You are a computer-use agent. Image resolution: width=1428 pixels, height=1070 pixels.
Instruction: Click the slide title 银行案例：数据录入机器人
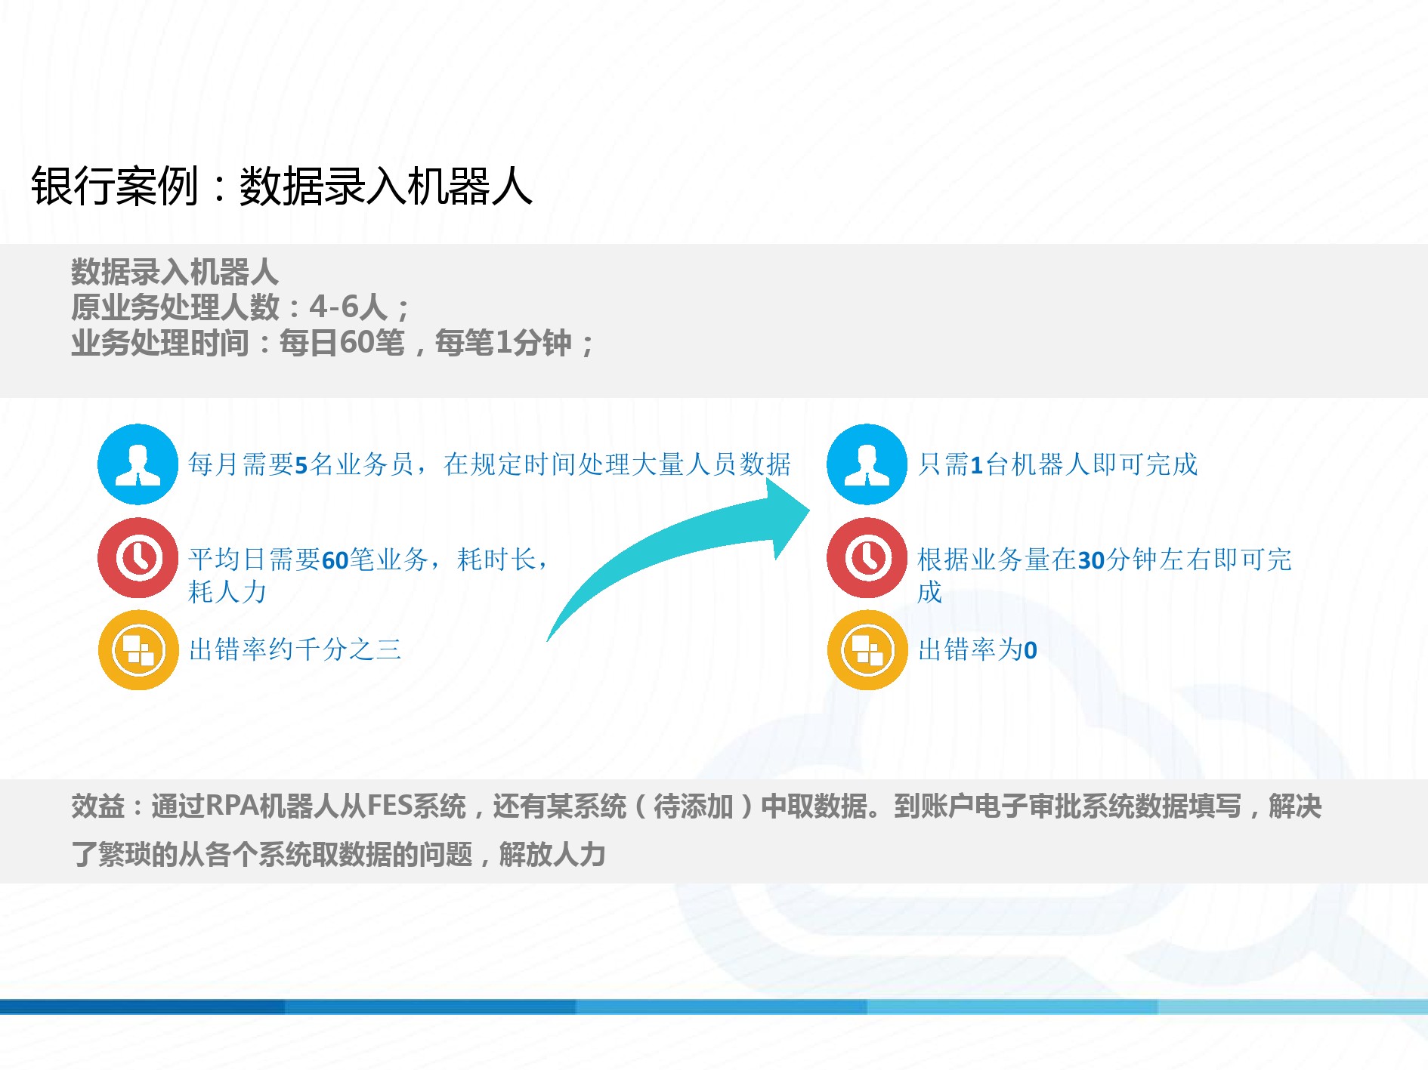pos(282,186)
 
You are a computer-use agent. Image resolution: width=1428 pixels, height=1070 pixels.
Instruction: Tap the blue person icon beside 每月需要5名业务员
pos(138,464)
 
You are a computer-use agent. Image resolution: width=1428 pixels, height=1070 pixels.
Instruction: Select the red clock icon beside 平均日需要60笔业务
pos(138,558)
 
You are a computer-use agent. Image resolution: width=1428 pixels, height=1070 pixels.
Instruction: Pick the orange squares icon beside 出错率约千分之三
pos(138,649)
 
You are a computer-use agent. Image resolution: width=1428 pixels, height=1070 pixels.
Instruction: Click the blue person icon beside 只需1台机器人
pos(867,464)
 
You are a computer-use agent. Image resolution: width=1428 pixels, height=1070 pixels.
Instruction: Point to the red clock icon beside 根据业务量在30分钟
pos(867,558)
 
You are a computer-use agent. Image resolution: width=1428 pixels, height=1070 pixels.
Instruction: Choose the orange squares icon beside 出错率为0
pos(867,649)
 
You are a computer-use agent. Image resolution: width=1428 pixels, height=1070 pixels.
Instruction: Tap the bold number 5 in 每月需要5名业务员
pos(301,465)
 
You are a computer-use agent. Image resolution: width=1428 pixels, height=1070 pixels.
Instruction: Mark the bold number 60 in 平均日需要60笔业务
pos(335,560)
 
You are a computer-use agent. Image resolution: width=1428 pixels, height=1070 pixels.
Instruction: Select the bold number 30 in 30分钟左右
pos(1091,560)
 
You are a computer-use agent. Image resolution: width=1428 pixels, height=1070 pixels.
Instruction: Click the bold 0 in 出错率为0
pos(1030,650)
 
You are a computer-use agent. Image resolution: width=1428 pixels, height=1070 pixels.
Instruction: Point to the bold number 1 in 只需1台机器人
pos(976,465)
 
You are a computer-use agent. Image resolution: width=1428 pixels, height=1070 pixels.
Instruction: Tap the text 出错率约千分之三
pos(295,649)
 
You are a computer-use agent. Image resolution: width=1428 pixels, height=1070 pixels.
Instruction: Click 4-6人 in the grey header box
pos(348,307)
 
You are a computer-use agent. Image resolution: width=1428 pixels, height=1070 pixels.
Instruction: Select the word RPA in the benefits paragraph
pos(231,806)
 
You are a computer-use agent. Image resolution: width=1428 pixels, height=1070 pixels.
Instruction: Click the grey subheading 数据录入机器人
pos(175,272)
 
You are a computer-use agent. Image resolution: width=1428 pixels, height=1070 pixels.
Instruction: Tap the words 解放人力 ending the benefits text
pos(552,855)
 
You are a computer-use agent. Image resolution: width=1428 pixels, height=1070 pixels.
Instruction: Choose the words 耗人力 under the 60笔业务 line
pos(227,592)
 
